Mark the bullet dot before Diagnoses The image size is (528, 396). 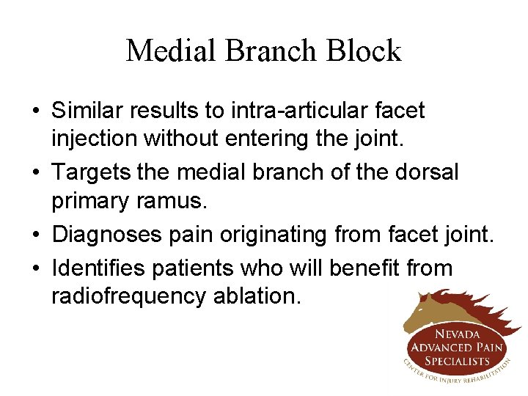37,235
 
